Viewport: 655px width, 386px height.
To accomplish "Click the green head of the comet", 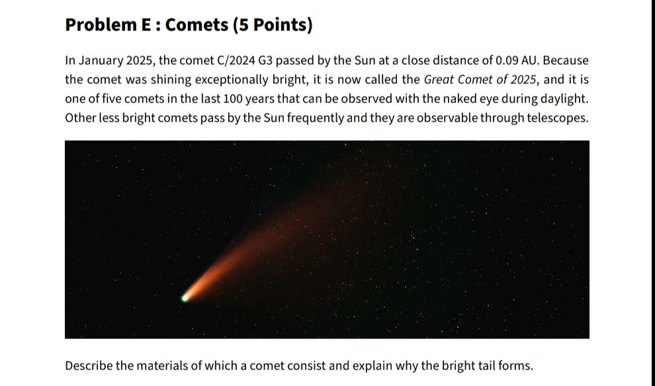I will tap(186, 297).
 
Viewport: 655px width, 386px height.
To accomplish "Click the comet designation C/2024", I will tap(236, 61).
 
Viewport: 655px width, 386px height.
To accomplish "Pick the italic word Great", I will tap(439, 80).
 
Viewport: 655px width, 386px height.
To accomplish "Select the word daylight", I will tap(563, 99).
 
